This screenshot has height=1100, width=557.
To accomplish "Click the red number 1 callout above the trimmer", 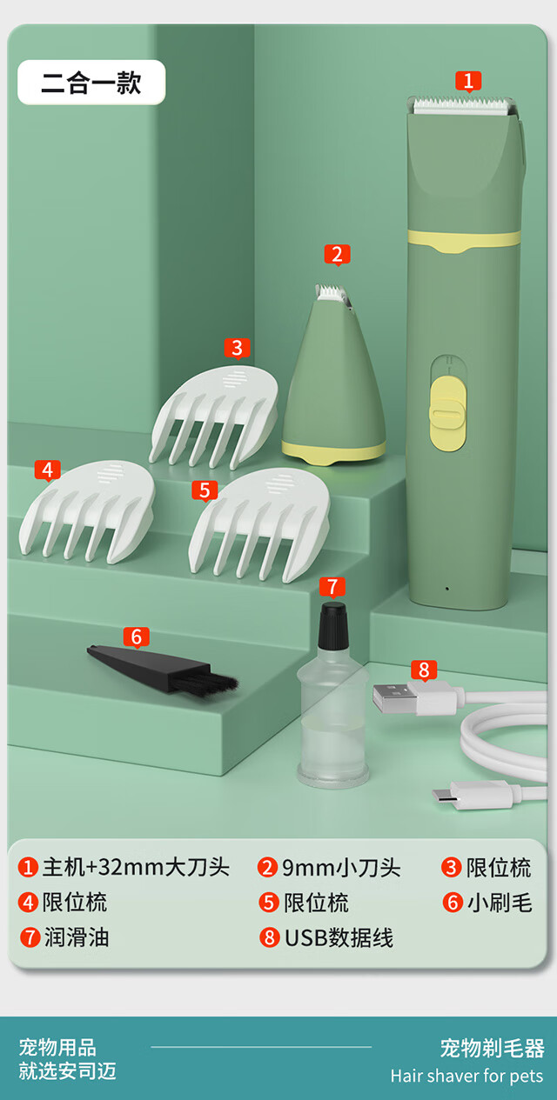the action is (468, 81).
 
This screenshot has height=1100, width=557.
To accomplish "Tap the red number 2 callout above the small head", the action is (338, 255).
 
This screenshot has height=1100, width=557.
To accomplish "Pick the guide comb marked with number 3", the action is (214, 417).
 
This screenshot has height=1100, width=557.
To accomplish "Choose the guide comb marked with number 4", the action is (86, 511).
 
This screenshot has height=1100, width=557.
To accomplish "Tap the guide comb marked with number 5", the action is (259, 525).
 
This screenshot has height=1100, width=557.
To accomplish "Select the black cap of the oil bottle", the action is (332, 626).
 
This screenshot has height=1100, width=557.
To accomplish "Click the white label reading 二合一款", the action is (91, 82).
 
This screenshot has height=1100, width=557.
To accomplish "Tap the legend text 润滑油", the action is (77, 937).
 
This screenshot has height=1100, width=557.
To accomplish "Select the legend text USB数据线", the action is (339, 938).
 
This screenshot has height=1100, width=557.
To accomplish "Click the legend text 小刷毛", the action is (500, 903).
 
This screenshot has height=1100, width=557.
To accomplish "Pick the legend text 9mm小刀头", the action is (341, 868).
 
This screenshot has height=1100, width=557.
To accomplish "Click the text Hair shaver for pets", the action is (467, 1077).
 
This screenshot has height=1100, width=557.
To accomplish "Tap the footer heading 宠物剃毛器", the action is (492, 1049).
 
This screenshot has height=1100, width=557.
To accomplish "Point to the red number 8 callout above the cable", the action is (424, 670).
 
